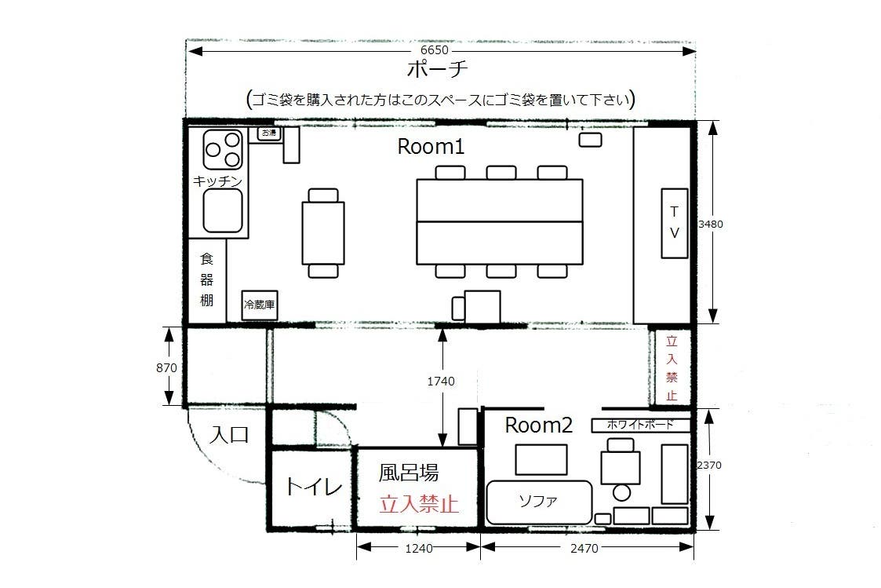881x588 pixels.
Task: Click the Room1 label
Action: (x=431, y=147)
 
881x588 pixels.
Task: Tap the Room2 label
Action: (x=539, y=425)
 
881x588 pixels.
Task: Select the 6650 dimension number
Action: (x=435, y=50)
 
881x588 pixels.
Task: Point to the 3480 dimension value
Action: (x=710, y=224)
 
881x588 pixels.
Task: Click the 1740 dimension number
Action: (x=441, y=381)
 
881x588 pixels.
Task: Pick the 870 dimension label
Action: (x=166, y=367)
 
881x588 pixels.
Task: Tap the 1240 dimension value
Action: (x=419, y=548)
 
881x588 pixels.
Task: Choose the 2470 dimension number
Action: (x=584, y=548)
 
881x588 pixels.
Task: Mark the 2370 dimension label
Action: (x=709, y=465)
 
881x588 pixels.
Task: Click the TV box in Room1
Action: (x=675, y=223)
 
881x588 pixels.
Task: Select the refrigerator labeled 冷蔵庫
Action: (x=260, y=305)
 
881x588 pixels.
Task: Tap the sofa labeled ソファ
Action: (x=539, y=502)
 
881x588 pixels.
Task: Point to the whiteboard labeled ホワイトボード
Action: (x=640, y=425)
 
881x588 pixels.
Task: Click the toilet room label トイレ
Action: (x=314, y=486)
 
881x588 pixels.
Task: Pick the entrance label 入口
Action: (x=228, y=435)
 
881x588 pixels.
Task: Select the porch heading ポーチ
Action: (x=437, y=69)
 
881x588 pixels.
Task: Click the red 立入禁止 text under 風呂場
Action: (x=419, y=504)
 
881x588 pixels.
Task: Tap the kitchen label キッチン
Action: (x=217, y=181)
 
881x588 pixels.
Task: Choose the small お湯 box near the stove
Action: (x=269, y=133)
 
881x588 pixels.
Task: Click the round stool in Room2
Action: (x=621, y=493)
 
